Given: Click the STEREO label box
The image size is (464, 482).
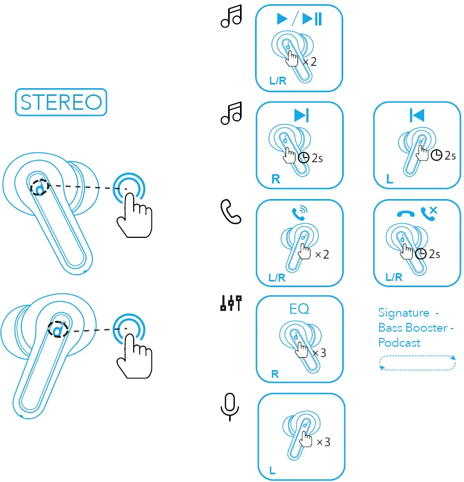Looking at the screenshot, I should [x=61, y=102].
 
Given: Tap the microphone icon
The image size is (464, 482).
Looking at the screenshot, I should [x=230, y=406].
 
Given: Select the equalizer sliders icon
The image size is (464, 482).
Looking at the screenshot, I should [x=231, y=303].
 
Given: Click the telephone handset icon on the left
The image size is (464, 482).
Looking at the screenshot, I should [x=230, y=212].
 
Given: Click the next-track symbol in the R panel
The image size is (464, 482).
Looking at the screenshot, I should [x=301, y=116].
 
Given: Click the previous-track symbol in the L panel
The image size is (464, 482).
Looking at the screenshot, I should [x=417, y=116].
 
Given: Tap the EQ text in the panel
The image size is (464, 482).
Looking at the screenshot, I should [x=299, y=309].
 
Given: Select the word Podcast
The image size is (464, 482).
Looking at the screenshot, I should [x=399, y=343].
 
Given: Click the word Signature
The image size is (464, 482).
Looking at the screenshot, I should [x=404, y=313].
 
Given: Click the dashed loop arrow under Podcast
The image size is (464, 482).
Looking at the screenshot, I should [x=417, y=363].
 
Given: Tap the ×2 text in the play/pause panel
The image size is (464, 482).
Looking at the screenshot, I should [x=310, y=62].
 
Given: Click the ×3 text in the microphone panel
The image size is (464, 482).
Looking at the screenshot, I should [x=323, y=442].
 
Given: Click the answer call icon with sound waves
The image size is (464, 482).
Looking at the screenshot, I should [x=299, y=213].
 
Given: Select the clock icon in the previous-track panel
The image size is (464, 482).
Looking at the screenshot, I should [x=437, y=155].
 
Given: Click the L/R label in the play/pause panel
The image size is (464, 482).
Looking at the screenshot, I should [x=277, y=81].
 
